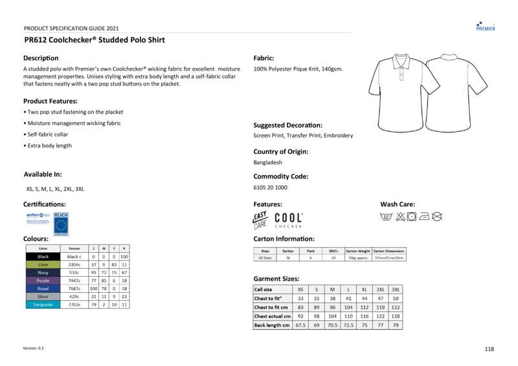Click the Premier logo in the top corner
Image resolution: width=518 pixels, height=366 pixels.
[485, 26]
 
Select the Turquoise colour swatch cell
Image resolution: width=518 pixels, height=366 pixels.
[43, 305]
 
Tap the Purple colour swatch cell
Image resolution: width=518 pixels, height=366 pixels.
[43, 281]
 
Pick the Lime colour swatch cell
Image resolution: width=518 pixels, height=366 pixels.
[43, 264]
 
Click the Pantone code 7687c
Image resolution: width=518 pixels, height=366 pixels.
[74, 288]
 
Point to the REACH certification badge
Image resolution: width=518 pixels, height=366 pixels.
[61, 223]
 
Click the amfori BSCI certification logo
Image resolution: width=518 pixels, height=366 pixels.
[38, 219]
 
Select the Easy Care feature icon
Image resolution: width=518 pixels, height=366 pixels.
[260, 220]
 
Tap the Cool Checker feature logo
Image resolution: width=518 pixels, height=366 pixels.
[288, 220]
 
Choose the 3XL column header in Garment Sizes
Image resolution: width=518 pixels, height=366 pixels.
[396, 290]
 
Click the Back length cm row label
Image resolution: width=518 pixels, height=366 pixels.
[272, 325]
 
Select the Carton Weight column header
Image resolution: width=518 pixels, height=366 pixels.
[358, 250]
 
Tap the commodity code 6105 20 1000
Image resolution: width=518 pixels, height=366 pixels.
[270, 188]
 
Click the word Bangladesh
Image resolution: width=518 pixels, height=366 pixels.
[267, 163]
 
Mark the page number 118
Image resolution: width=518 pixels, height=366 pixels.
[489, 349]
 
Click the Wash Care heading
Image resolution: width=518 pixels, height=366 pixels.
[398, 204]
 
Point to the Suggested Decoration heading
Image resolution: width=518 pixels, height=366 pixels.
[287, 125]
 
